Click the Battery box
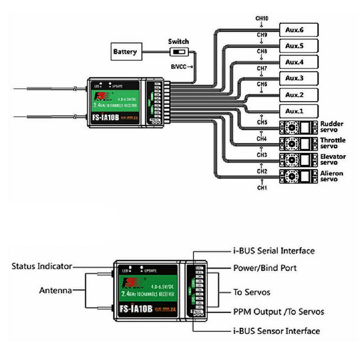click(125, 51)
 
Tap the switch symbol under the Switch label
click(178, 52)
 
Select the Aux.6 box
click(299, 30)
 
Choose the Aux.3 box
click(299, 78)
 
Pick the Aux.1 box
click(299, 111)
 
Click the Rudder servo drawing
click(298, 127)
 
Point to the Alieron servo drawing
click(298, 176)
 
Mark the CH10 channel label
click(262, 18)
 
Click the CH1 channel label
click(262, 187)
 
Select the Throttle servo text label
click(333, 143)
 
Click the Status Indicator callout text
click(42, 266)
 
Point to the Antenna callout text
click(55, 291)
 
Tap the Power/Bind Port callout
click(265, 268)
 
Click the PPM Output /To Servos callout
click(279, 311)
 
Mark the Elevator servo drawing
click(298, 159)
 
